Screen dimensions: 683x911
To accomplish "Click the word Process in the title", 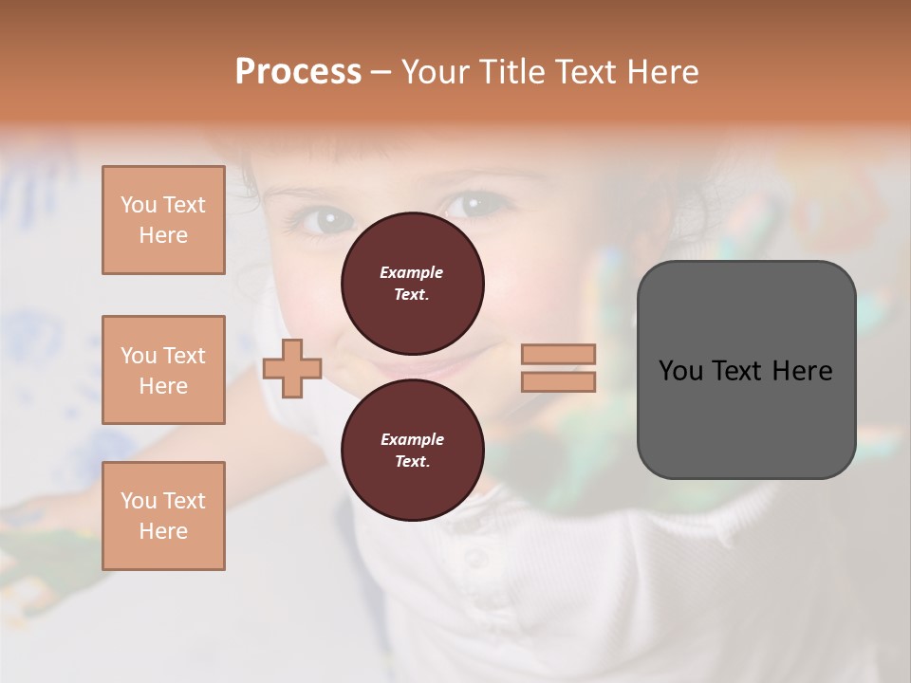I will tap(298, 72).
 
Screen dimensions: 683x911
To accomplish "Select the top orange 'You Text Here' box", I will tap(163, 220).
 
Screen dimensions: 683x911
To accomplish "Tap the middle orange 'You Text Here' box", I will tap(163, 370).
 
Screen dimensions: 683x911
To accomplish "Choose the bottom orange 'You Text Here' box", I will tap(163, 516).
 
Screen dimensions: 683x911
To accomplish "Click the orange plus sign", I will tap(292, 368).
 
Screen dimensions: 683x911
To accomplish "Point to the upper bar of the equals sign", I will tap(558, 354).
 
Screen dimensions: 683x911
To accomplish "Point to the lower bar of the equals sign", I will tap(558, 381).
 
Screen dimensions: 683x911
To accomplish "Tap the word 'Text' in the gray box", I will tap(735, 371).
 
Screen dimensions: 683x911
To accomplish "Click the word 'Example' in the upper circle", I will tap(411, 272).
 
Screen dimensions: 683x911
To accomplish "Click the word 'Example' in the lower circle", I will tap(412, 439).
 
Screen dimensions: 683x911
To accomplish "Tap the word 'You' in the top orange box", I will tap(139, 205).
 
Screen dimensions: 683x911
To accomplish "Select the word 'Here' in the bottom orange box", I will tap(163, 531).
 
